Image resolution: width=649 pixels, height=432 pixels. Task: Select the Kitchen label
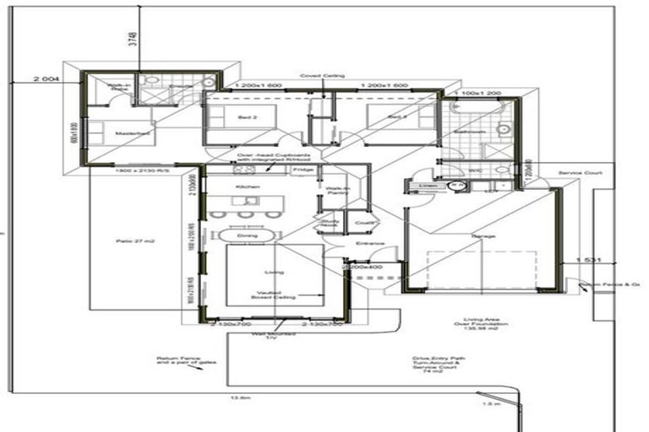pos(246,185)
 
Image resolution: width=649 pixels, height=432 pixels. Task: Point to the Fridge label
pos(302,170)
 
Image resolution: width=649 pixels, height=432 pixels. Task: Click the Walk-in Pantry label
pos(338,192)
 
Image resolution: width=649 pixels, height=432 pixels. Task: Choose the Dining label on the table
pos(248,235)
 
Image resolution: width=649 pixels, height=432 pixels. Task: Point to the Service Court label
pos(580,173)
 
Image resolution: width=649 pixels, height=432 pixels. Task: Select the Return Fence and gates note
pos(178,361)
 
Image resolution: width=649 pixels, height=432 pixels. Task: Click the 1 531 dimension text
pos(588,261)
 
